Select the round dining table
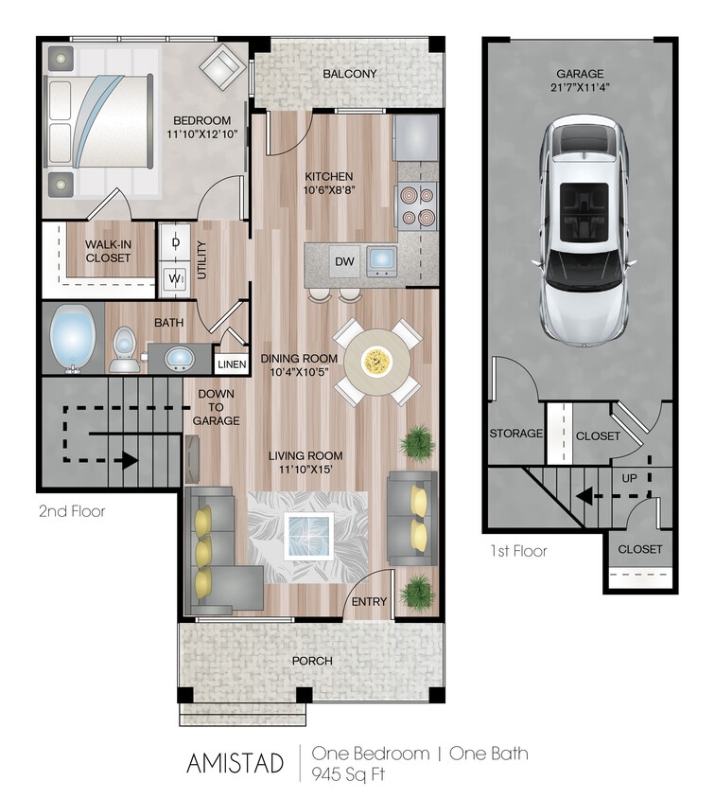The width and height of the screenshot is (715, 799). pos(376,361)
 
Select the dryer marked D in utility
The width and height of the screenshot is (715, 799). pos(175,242)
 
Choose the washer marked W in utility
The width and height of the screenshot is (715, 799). pos(175,278)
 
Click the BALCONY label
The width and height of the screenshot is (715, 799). pos(349,74)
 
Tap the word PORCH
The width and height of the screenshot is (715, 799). pos(311,660)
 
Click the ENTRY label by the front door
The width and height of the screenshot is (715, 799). pos(369,602)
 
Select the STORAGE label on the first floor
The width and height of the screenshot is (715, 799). pos(515,434)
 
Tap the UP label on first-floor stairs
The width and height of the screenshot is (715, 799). pos(629,478)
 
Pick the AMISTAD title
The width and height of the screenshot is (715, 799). pos(235,763)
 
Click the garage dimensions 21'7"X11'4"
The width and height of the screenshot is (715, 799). pos(580,89)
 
